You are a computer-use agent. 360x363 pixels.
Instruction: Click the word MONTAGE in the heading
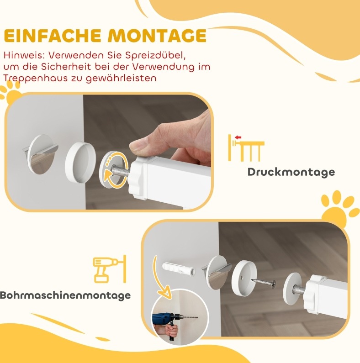tap(157, 36)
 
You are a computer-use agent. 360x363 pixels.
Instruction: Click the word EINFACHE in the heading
tap(53, 36)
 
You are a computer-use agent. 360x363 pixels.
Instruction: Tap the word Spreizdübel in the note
tap(155, 56)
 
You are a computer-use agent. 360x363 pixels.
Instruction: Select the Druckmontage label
tap(291, 172)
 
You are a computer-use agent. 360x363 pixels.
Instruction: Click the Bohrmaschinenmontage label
tap(65, 295)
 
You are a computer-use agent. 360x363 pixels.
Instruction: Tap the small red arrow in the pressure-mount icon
tap(238, 137)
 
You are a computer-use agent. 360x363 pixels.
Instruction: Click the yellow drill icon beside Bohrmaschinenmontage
tap(110, 269)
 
